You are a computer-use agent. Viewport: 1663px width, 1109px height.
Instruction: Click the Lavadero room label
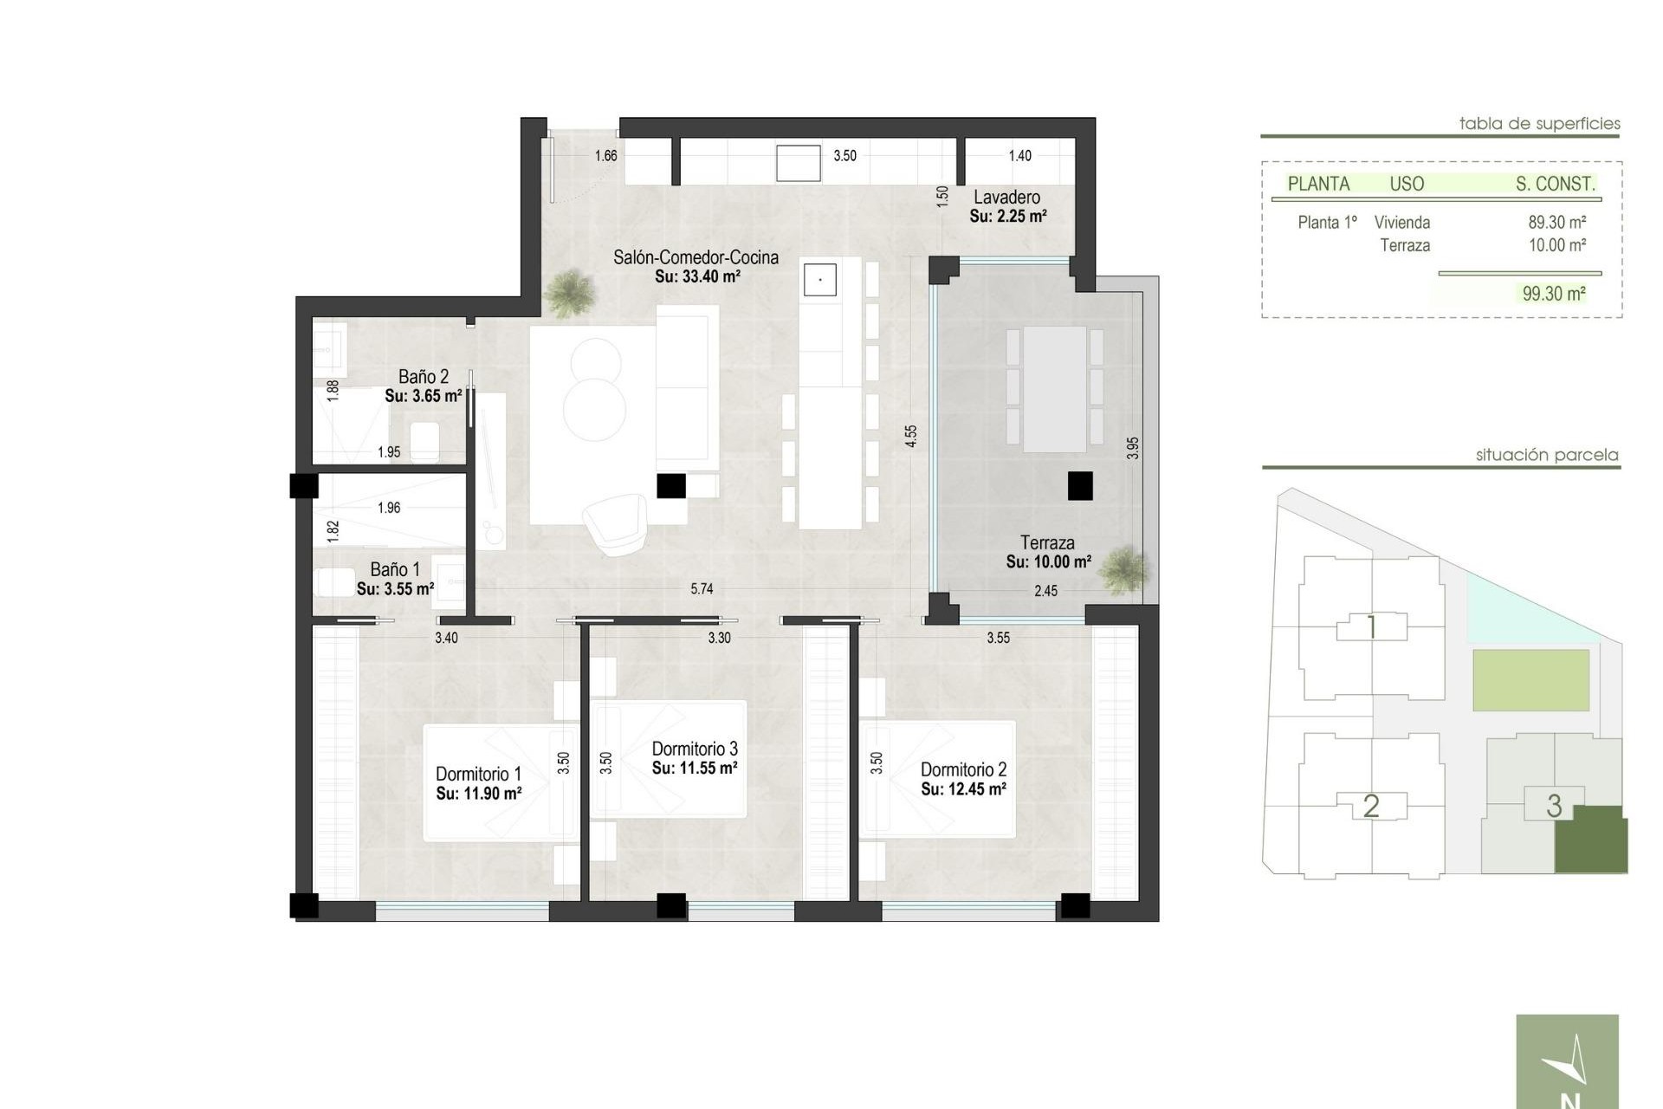1006,198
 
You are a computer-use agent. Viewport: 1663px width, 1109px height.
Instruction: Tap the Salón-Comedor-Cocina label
696,257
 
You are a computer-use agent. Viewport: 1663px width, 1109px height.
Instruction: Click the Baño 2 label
423,377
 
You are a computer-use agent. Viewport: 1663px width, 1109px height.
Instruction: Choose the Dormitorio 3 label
694,749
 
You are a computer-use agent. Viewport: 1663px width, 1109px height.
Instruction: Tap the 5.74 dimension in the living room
702,589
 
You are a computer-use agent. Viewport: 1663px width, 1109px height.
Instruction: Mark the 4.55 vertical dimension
910,436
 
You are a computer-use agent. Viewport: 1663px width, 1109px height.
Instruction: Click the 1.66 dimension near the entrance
605,156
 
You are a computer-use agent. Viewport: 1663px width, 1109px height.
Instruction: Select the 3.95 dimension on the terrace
1132,448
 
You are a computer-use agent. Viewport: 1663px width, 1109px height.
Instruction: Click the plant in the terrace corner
1124,570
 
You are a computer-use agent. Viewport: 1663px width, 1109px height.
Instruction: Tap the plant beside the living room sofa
570,292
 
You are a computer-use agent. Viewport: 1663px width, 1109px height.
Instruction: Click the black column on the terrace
1079,486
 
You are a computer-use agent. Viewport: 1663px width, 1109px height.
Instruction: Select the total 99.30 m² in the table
1554,294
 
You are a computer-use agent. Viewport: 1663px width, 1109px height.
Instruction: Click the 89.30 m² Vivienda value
1556,223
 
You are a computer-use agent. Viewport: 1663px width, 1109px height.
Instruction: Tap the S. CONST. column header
1555,184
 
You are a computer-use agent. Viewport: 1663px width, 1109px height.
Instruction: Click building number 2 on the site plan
1370,806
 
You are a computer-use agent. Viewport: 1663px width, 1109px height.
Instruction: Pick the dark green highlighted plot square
1590,840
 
